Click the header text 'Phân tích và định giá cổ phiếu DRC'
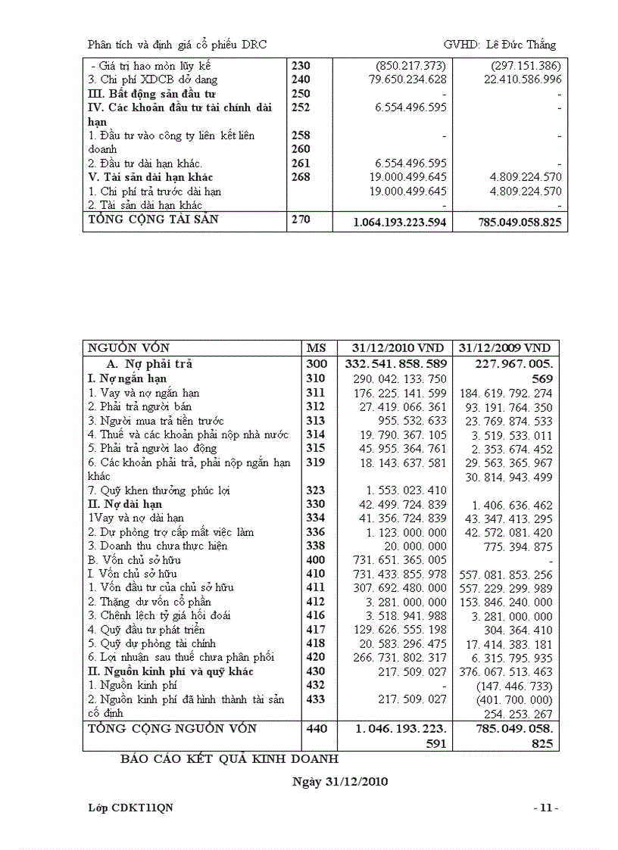point(177,45)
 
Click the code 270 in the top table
point(301,220)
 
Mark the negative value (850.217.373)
point(410,66)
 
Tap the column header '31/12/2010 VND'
point(395,348)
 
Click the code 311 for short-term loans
point(315,393)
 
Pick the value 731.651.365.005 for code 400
point(398,559)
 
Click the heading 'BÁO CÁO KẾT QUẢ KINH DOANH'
point(229,758)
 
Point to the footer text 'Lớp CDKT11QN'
point(130,808)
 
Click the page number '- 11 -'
point(545,808)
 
